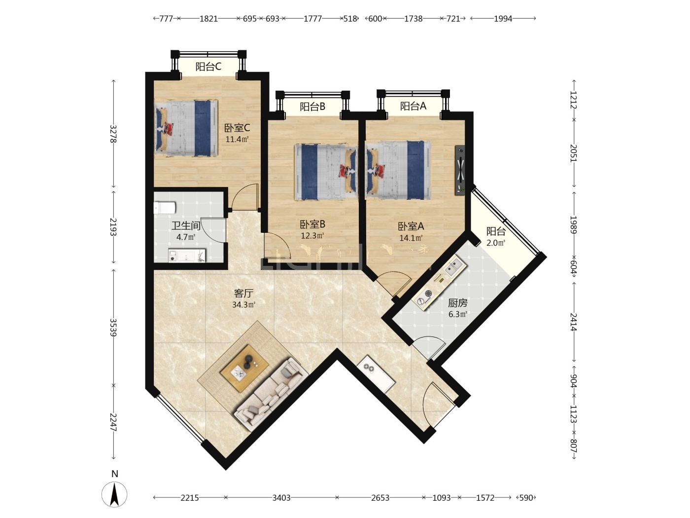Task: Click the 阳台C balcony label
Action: (x=208, y=67)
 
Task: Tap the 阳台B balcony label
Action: (x=312, y=107)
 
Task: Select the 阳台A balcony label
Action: (x=413, y=106)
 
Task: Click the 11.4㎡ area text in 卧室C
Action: (x=237, y=139)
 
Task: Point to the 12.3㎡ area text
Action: (x=312, y=235)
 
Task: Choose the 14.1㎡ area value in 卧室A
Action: (x=411, y=238)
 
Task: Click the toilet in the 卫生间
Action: (x=165, y=208)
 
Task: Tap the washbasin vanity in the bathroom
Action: (x=187, y=256)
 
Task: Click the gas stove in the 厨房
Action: (x=426, y=297)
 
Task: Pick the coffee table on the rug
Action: (x=244, y=369)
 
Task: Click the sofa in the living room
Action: (x=271, y=394)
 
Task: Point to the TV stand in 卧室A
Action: (x=460, y=170)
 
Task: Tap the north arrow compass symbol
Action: (x=114, y=494)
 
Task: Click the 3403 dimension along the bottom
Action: (x=281, y=498)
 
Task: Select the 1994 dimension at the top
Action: (x=503, y=19)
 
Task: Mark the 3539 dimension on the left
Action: (x=113, y=328)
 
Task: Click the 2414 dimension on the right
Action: (x=573, y=322)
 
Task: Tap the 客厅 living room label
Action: (x=243, y=294)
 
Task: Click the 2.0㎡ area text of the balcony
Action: (x=496, y=243)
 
